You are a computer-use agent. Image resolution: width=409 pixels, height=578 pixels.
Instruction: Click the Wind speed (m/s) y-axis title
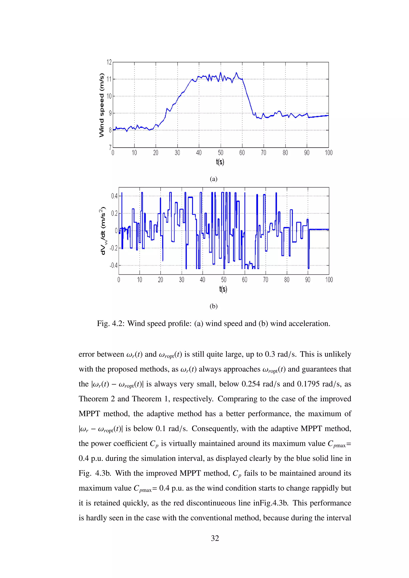101,105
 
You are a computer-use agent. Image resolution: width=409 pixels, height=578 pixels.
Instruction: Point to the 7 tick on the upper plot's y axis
110,147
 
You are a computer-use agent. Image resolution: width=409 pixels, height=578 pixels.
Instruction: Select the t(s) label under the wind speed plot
220,162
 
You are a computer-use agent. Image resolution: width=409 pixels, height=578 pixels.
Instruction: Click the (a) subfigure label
213,179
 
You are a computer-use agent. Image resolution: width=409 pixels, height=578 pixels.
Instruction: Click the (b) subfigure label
213,306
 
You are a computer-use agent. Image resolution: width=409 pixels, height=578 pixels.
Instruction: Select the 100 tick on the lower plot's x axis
329,280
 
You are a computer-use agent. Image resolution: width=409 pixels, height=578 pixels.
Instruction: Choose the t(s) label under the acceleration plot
223,289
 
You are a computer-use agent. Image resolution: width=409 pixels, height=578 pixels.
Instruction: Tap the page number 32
215,538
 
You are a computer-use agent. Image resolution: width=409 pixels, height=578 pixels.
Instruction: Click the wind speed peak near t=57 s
236,73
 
